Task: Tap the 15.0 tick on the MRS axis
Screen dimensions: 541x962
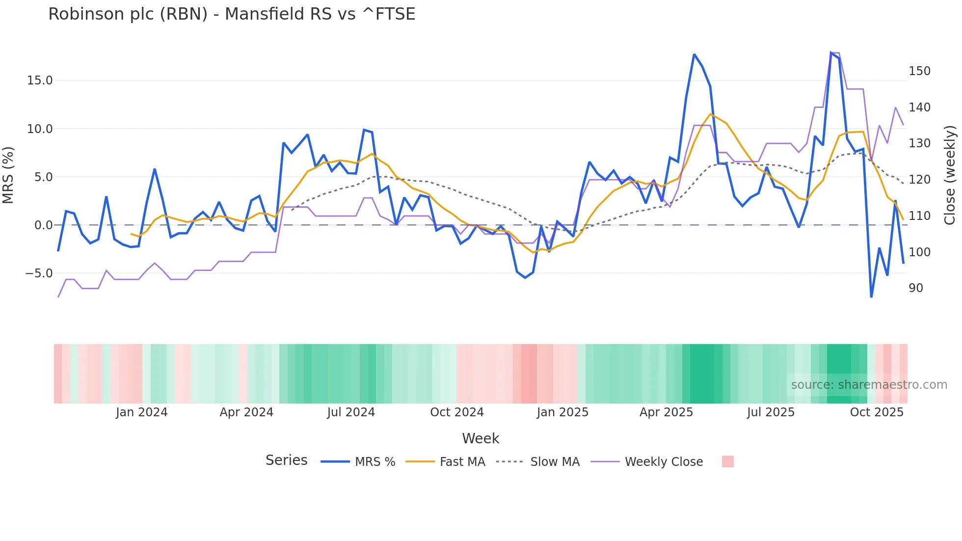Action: click(x=39, y=81)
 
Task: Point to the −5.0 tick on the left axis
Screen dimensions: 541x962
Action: click(x=38, y=273)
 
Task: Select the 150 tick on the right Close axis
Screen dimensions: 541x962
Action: click(x=919, y=71)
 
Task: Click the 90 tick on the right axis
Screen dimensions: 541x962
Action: click(x=916, y=288)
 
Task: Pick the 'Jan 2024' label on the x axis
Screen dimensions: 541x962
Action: click(x=141, y=412)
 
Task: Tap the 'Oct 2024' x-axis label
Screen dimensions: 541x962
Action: click(x=456, y=412)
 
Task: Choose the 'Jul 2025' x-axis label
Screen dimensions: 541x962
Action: click(x=771, y=412)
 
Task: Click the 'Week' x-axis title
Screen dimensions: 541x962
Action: click(x=481, y=438)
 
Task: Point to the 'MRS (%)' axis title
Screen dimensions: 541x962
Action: click(x=8, y=175)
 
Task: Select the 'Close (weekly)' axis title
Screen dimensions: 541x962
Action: click(x=950, y=175)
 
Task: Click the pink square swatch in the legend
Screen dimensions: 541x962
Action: click(x=728, y=461)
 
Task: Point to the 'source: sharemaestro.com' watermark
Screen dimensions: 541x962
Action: click(x=869, y=385)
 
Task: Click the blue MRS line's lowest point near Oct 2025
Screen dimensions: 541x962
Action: click(x=871, y=297)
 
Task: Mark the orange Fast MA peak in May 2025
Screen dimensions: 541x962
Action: click(x=710, y=114)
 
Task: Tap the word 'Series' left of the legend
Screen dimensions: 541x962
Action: click(x=286, y=460)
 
